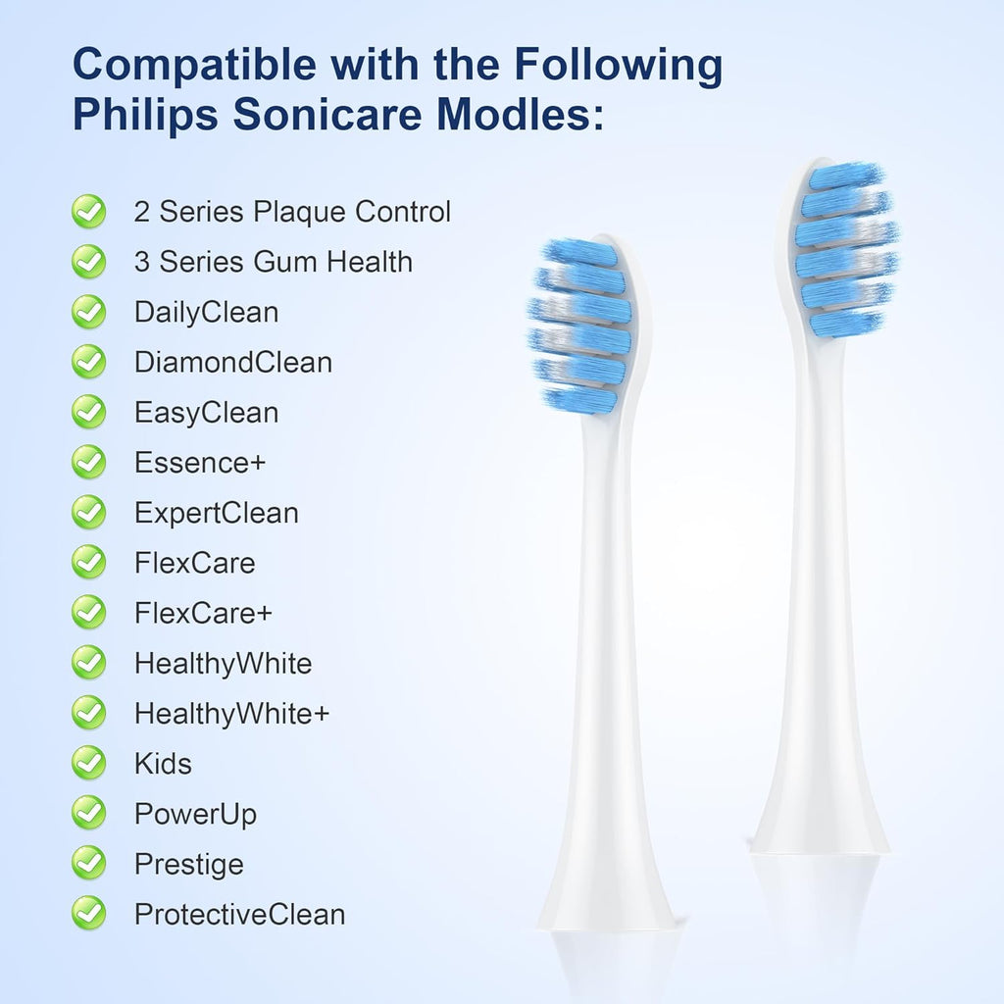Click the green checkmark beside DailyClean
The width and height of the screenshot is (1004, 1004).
point(89,312)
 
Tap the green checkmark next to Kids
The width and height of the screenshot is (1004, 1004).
point(89,763)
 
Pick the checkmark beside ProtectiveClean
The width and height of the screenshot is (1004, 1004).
point(89,914)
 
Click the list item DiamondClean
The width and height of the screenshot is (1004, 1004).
point(233,362)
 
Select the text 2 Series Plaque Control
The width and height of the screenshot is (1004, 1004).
point(292,211)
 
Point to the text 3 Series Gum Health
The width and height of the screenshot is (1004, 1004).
point(273,262)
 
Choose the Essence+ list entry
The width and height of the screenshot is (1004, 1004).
point(200,462)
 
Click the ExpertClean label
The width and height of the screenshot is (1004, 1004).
point(217,513)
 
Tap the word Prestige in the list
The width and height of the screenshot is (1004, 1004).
point(188,864)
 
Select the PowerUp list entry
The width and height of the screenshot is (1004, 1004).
point(195,814)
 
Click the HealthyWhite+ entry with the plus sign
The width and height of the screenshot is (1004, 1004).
point(231,714)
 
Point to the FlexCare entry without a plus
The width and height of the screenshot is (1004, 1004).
point(194,563)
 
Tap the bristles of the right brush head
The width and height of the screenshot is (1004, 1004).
point(845,250)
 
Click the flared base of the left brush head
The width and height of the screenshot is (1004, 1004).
point(607,892)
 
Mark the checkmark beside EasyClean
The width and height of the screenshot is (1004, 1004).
point(89,412)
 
